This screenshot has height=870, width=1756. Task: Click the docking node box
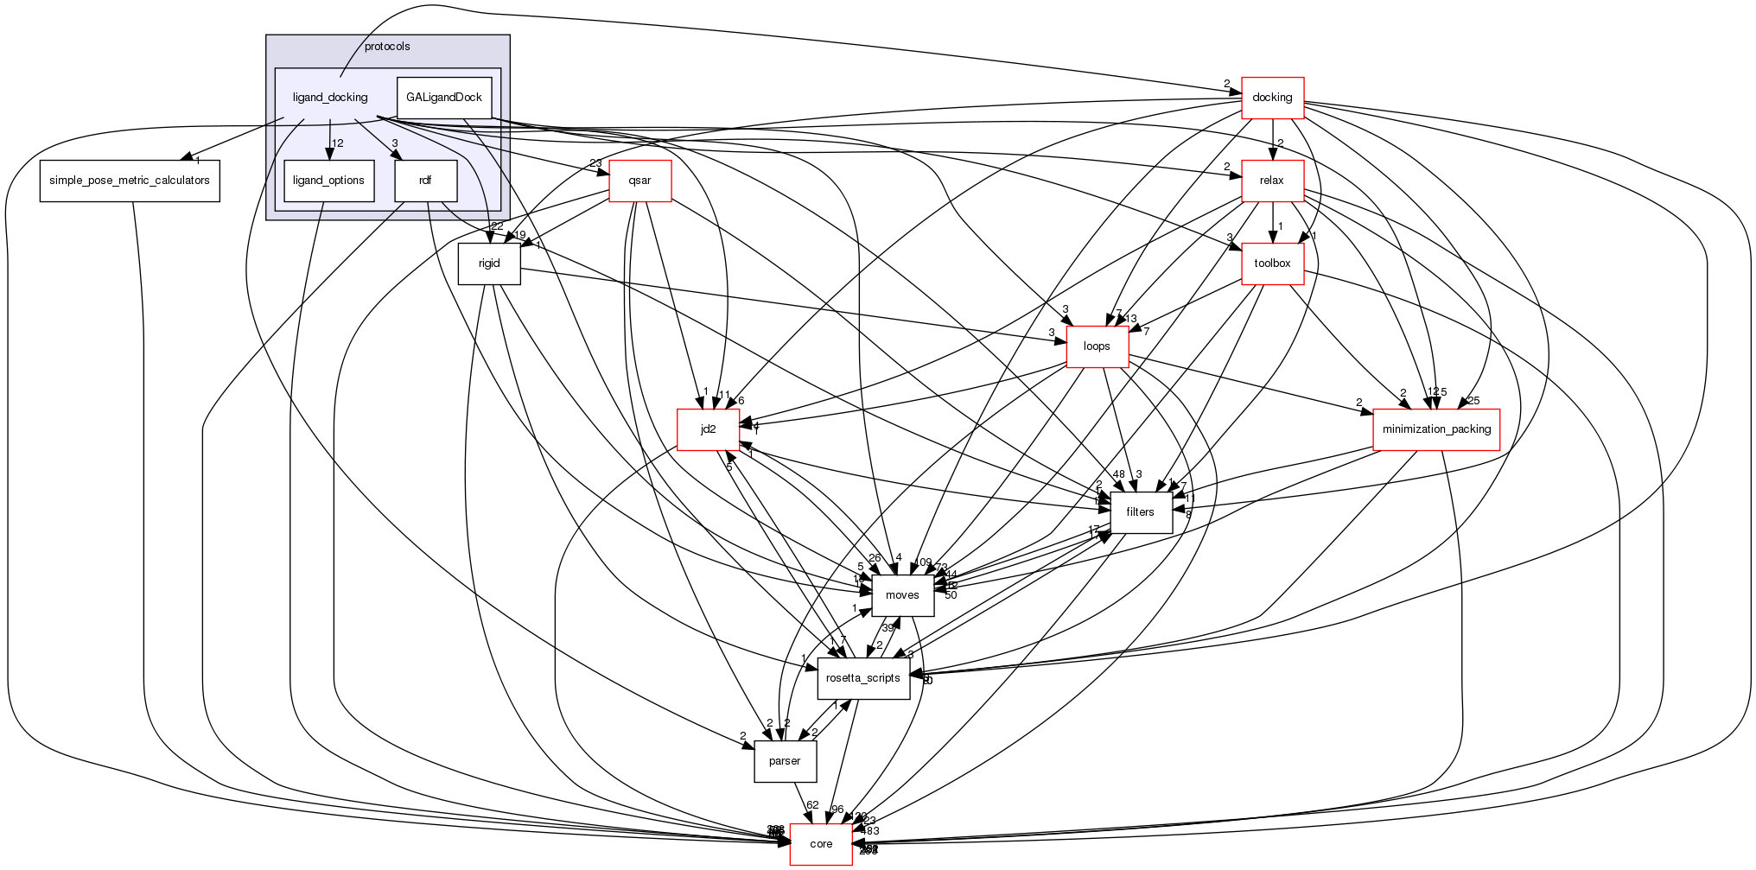[x=1272, y=98]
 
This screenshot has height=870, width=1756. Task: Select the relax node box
[x=1272, y=181]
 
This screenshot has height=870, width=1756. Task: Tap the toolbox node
[x=1272, y=264]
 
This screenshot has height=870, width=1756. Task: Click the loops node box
[x=1097, y=346]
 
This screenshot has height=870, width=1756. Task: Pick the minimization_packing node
[x=1436, y=429]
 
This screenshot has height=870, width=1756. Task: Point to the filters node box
[x=1140, y=512]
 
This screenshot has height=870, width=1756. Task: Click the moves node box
[x=902, y=595]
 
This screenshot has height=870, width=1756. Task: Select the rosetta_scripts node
[x=863, y=678]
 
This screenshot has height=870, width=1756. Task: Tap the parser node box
[x=785, y=761]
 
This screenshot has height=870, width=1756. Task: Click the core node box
[x=821, y=844]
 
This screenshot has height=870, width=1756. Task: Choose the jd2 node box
[x=708, y=429]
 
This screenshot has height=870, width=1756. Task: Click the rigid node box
[x=489, y=264]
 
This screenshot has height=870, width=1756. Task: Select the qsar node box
[x=639, y=181]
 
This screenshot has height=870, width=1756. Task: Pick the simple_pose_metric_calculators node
[x=130, y=181]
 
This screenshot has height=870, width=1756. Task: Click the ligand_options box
[x=328, y=181]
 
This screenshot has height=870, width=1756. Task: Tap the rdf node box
[x=425, y=181]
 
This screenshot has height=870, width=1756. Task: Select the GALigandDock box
[x=444, y=98]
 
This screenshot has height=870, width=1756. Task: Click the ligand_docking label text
[x=330, y=98]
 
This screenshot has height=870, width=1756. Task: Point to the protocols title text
[x=387, y=47]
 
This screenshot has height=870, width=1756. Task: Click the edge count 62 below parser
[x=812, y=805]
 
